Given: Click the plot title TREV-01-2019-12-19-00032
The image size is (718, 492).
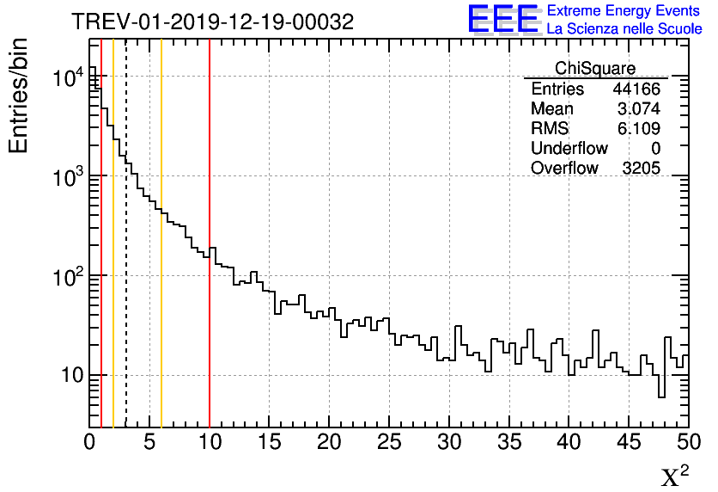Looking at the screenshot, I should pos(212,22).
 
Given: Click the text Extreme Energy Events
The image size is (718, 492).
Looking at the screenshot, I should pos(624,11).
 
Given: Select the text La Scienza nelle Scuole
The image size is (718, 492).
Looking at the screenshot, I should pos(624,28).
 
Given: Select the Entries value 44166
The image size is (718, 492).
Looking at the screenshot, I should pos(636,89).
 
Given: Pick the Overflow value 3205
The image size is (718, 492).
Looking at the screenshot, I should pos(641,169).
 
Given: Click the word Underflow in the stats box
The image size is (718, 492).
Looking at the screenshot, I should pos(569,149).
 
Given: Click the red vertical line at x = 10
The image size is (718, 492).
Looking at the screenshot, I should pos(210,258).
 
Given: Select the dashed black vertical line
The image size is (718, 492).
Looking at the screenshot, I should pos(126,258).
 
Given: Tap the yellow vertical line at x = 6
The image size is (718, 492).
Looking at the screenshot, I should pos(161,258).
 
